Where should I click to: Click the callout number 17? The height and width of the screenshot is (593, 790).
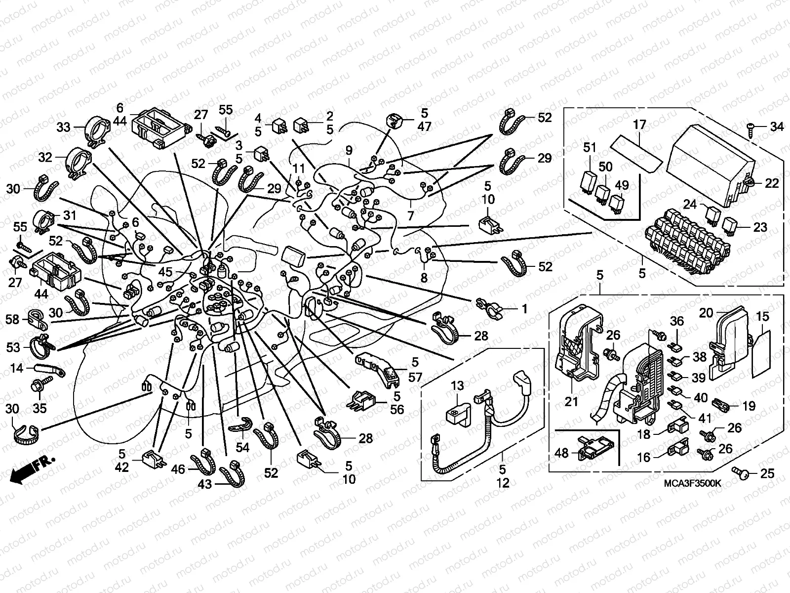639,125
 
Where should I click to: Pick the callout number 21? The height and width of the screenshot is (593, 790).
571,402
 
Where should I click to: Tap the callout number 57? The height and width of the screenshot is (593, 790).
415,378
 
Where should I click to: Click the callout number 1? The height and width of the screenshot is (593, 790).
524,309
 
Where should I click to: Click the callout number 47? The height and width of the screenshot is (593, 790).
424,127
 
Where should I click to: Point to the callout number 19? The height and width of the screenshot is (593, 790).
749,406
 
